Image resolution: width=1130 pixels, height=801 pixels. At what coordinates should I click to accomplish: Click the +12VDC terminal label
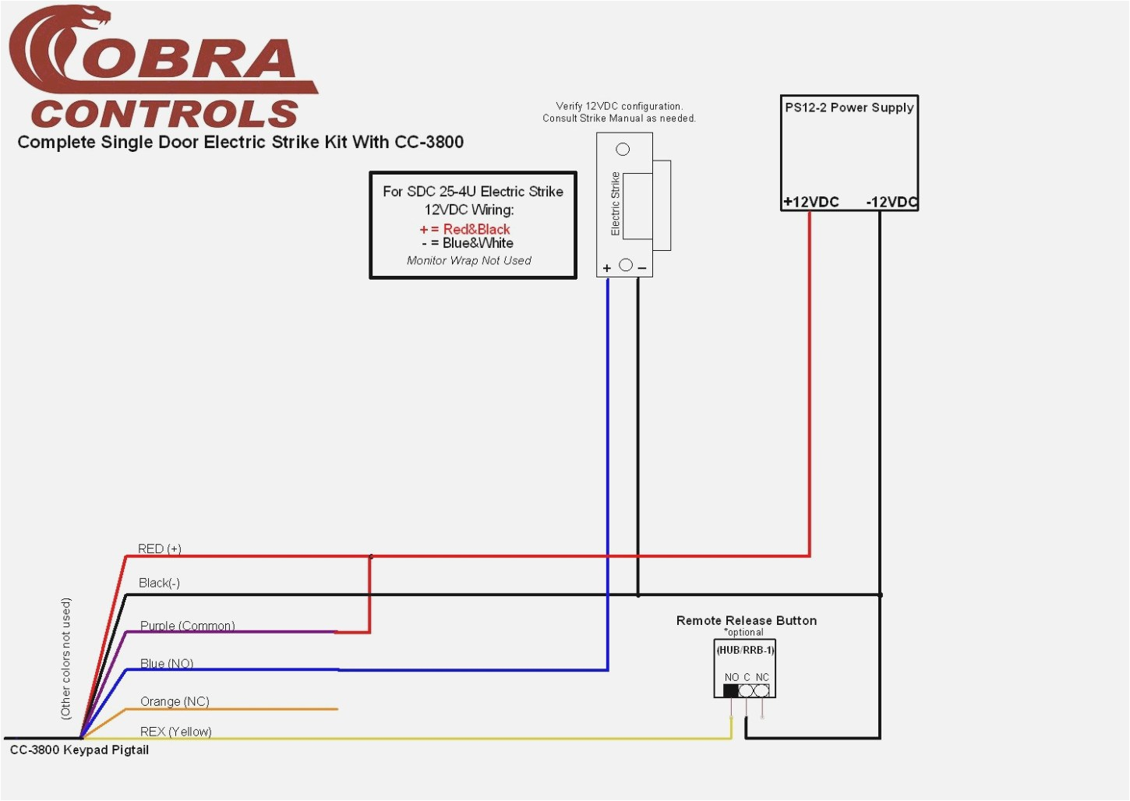(x=811, y=202)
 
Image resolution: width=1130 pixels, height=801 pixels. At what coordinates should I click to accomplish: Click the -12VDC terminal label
(x=892, y=202)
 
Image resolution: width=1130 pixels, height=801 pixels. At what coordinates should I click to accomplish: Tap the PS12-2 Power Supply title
(x=849, y=108)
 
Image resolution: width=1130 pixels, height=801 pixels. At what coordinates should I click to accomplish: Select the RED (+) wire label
(x=160, y=549)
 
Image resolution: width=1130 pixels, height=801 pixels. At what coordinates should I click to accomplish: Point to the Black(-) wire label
(x=159, y=583)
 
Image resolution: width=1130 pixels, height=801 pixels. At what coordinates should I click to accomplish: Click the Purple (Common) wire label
(x=187, y=626)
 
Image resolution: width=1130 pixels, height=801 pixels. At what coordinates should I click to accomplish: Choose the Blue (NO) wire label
(x=167, y=663)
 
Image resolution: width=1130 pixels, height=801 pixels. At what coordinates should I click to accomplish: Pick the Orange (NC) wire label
(x=175, y=701)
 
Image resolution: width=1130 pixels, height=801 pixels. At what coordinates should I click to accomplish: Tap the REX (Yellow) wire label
(x=176, y=732)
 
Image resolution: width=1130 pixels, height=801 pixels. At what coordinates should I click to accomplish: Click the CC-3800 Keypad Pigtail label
(x=79, y=750)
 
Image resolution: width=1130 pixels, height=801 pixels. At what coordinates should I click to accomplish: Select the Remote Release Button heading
(x=746, y=620)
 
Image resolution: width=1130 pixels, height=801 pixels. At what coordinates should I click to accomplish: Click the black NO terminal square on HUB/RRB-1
(x=731, y=690)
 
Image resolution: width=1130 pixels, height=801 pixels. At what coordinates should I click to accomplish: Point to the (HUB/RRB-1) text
(x=745, y=650)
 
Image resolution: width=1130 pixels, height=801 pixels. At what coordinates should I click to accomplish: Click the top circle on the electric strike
(x=623, y=149)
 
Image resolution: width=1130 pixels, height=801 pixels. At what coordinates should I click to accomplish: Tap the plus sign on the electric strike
(x=607, y=269)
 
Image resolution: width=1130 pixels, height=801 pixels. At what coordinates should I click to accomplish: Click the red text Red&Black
(x=476, y=229)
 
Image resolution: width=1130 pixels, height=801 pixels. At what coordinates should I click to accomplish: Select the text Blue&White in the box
(x=478, y=243)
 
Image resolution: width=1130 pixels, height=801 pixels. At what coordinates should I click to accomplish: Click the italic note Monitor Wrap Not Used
(x=469, y=260)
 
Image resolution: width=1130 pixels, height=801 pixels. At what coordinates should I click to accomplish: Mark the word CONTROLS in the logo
(x=165, y=114)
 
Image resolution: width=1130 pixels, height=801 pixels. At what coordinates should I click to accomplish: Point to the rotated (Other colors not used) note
(x=66, y=658)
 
